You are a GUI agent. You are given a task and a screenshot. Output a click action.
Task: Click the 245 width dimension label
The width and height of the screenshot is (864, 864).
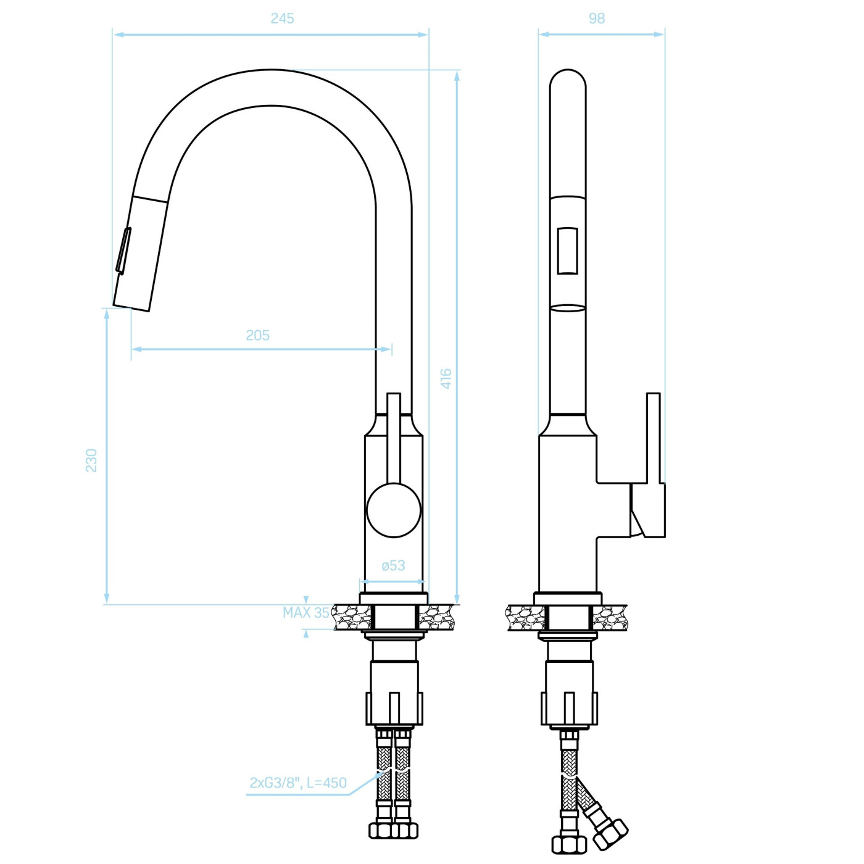pos(282,19)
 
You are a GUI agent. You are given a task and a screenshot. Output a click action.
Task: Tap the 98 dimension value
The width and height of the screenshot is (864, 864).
pos(597,19)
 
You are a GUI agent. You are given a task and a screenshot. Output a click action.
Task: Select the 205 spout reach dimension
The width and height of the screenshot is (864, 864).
pos(258,335)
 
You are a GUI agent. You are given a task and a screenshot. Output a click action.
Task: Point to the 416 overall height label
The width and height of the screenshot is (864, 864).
pos(446,378)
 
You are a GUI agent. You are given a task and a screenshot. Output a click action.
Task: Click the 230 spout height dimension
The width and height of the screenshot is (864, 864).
pos(91,460)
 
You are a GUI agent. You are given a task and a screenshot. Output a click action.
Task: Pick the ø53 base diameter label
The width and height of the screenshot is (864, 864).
pos(393,566)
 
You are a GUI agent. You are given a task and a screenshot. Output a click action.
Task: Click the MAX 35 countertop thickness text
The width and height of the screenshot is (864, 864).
pos(306,612)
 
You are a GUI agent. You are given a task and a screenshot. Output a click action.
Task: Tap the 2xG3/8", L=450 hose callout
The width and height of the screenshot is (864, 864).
pos(298,783)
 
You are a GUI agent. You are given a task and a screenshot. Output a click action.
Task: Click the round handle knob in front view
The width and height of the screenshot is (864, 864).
pos(394,510)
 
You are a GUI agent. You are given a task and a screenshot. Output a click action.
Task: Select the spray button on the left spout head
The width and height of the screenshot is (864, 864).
pos(123,250)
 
